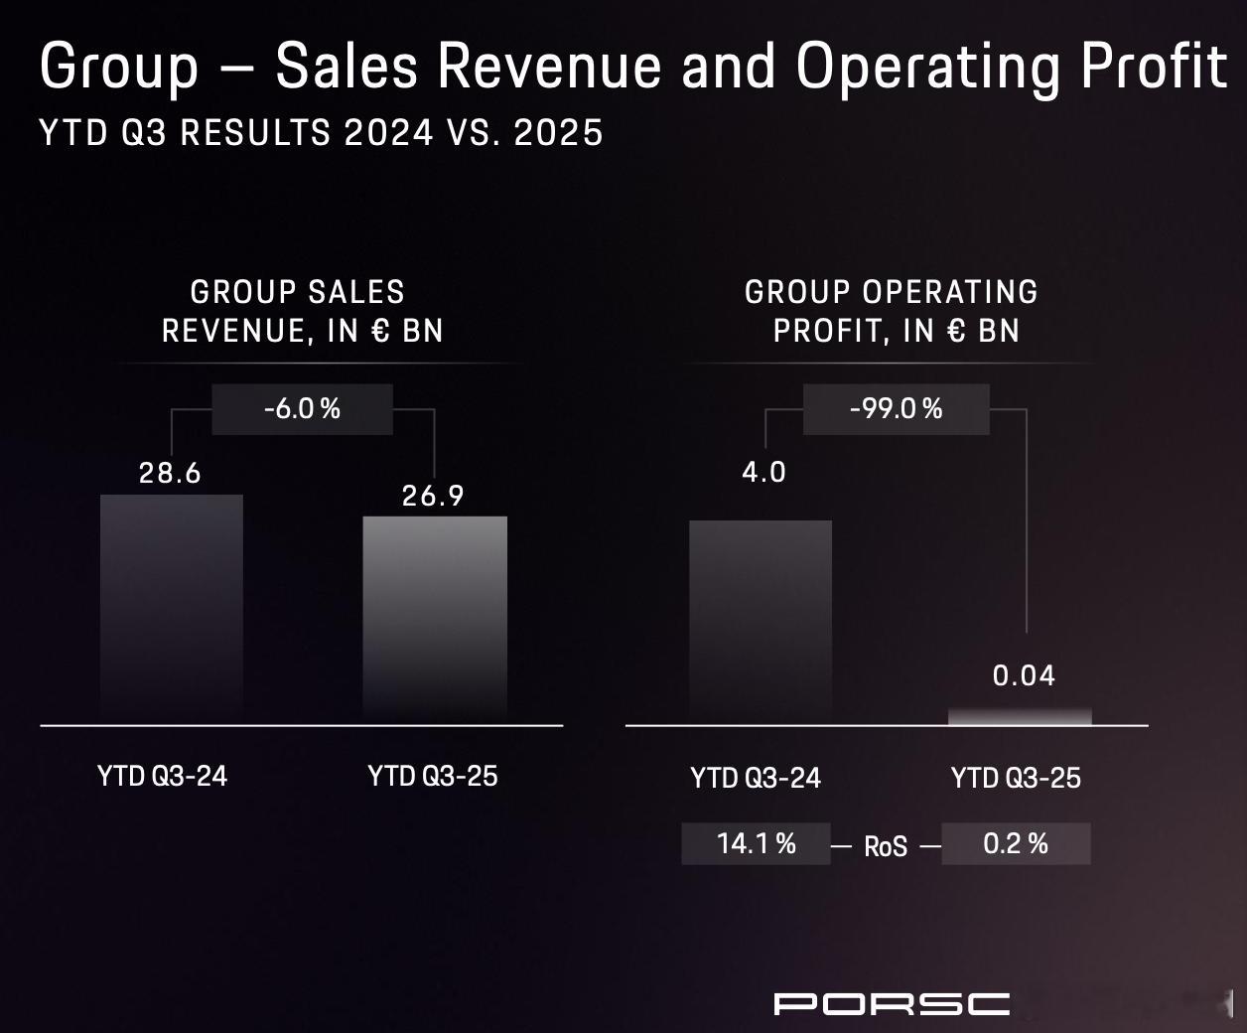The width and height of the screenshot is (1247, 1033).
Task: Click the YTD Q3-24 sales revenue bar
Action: pyautogui.click(x=172, y=608)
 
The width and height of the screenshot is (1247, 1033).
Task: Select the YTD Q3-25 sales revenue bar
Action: pyautogui.click(x=435, y=618)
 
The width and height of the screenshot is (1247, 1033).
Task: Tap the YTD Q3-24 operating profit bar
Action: pyautogui.click(x=761, y=621)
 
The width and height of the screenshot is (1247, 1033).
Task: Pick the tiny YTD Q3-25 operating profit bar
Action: pyautogui.click(x=1020, y=716)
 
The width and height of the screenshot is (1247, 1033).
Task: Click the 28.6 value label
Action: pyautogui.click(x=170, y=473)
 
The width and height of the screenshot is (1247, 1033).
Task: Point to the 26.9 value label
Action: pyautogui.click(x=433, y=496)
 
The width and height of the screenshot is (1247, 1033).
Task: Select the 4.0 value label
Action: pyautogui.click(x=763, y=472)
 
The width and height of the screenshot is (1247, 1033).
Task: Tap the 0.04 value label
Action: pyautogui.click(x=1024, y=675)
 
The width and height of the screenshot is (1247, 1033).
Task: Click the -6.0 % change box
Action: pyautogui.click(x=302, y=409)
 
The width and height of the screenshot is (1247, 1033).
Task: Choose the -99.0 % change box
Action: pyautogui.click(x=896, y=409)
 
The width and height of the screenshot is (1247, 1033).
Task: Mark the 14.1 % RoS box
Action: pyautogui.click(x=756, y=843)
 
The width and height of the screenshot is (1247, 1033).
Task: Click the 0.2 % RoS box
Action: pyautogui.click(x=1016, y=843)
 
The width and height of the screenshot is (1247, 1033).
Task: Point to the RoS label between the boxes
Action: pyautogui.click(x=886, y=846)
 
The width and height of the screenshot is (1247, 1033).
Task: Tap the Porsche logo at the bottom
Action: pyautogui.click(x=892, y=1003)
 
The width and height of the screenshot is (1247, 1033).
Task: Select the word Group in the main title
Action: pyautogui.click(x=119, y=67)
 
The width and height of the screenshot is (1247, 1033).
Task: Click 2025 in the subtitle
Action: pyautogui.click(x=558, y=133)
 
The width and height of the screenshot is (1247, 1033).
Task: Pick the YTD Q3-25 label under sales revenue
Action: pyautogui.click(x=433, y=776)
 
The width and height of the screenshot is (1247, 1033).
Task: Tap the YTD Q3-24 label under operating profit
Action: pyautogui.click(x=756, y=778)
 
